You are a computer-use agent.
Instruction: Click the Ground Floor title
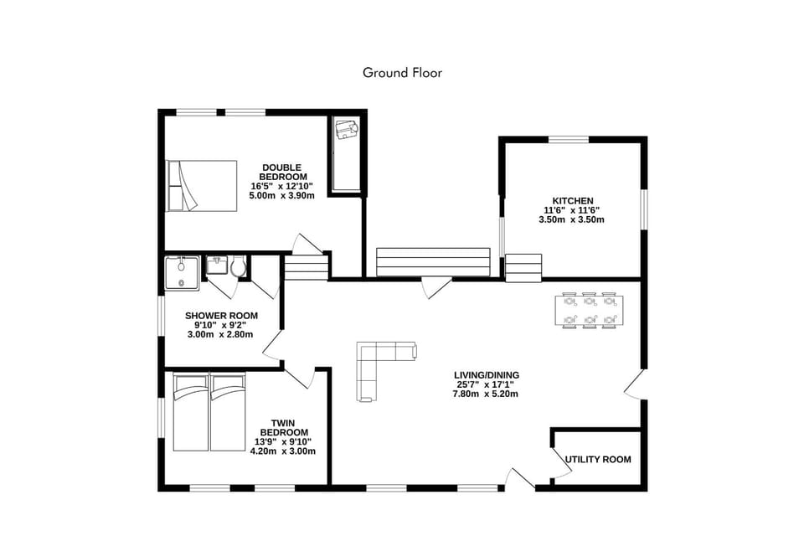pos(402,73)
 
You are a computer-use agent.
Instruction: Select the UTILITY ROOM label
pos(597,460)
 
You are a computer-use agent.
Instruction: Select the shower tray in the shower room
pos(182,273)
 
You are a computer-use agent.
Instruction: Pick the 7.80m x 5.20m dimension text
pos(486,394)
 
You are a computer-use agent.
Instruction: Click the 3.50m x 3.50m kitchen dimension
pos(571,219)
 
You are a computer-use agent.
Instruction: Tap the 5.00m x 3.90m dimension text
pos(281,195)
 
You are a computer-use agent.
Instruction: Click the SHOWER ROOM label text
pos(221,316)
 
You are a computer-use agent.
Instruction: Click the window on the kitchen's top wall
pos(571,139)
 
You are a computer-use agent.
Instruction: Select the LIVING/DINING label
pos(487,375)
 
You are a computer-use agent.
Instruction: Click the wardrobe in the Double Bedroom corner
pos(346,153)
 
